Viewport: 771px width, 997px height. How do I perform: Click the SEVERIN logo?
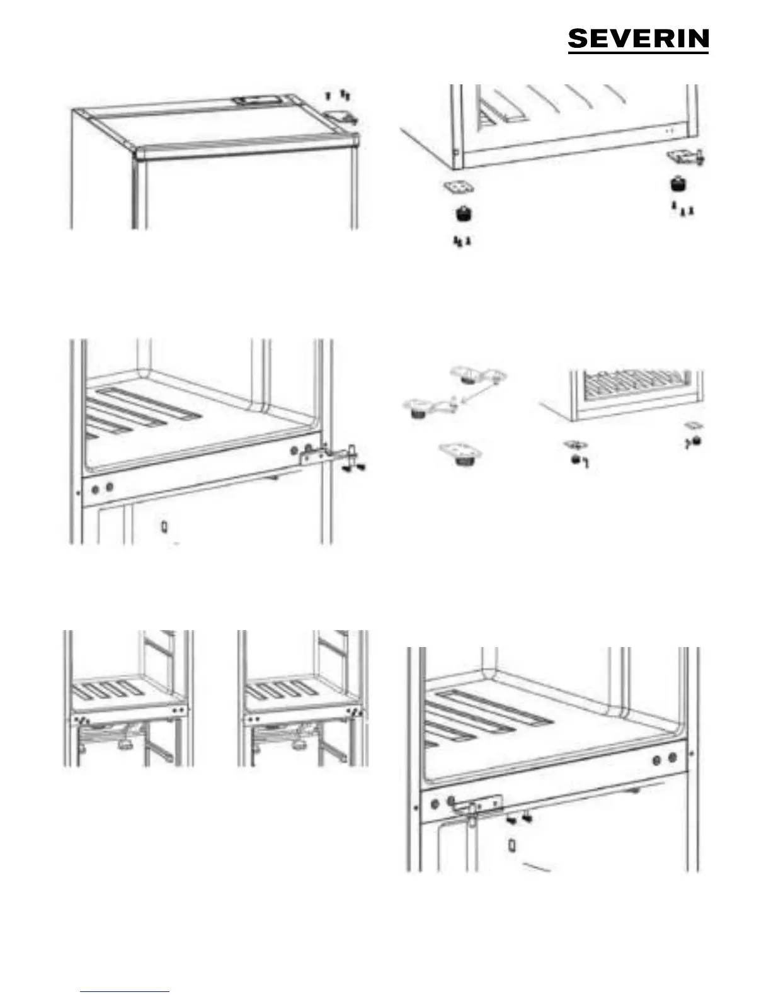[638, 40]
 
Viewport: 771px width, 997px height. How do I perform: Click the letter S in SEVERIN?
[579, 38]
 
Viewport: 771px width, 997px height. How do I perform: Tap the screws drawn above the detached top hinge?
[338, 96]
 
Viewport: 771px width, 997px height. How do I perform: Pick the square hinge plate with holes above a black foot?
[459, 187]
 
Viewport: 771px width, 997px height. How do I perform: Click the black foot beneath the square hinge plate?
[464, 214]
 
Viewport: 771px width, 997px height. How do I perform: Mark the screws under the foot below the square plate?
[462, 242]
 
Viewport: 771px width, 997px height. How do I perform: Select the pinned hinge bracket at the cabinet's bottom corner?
[686, 157]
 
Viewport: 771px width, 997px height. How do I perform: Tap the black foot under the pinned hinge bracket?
[678, 184]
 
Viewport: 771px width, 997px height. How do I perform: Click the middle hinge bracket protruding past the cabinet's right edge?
[328, 453]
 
